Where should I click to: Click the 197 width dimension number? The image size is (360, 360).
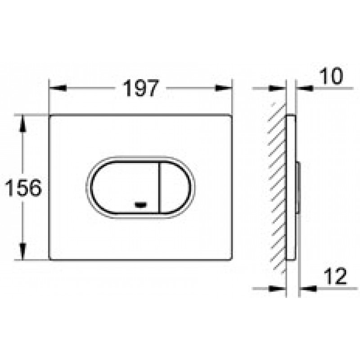(141, 88)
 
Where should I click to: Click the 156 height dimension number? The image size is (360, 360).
(23, 188)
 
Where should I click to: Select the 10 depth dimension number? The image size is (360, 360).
(331, 76)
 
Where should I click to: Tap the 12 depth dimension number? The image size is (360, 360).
(335, 276)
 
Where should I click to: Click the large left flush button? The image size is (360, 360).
(125, 188)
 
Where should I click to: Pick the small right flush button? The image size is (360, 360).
(175, 188)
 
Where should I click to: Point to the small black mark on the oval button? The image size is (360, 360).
(141, 205)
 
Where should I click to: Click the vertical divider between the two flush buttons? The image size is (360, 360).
(159, 188)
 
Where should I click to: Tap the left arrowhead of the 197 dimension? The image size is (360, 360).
(58, 88)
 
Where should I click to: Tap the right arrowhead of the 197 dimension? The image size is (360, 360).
(224, 88)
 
